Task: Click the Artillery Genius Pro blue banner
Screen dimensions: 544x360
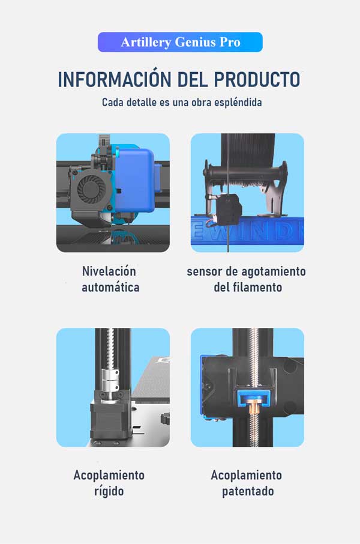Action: pyautogui.click(x=180, y=42)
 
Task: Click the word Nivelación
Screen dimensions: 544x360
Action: pyautogui.click(x=109, y=271)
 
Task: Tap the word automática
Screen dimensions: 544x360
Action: pyautogui.click(x=110, y=287)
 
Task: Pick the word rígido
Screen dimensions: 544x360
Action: pyautogui.click(x=109, y=491)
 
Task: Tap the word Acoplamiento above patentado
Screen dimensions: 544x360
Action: pyautogui.click(x=246, y=476)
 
